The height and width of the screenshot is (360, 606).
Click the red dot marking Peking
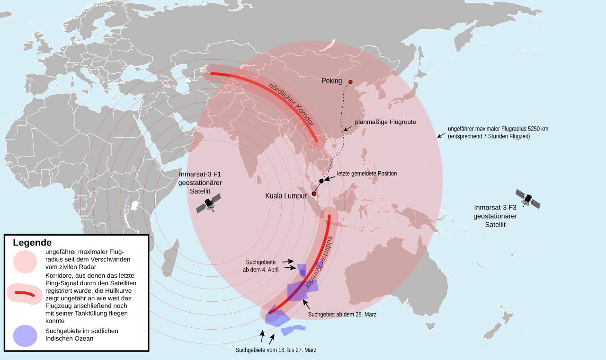click(350, 82)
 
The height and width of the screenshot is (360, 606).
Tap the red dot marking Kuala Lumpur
click(314, 193)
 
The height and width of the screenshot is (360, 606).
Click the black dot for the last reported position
click(321, 181)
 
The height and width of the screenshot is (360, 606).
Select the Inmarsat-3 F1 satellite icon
click(209, 205)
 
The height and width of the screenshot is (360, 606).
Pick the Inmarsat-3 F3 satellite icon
click(527, 199)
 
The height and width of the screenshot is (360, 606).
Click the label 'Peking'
click(331, 81)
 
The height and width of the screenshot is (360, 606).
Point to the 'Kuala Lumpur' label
click(286, 196)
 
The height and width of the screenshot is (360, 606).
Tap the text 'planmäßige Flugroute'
click(385, 122)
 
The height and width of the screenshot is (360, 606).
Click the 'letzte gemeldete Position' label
click(367, 174)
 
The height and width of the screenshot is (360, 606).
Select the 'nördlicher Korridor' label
click(292, 105)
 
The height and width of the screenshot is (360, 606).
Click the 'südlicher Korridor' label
click(321, 261)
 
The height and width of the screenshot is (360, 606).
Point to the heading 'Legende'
click(32, 243)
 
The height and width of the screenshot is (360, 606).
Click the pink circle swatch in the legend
click(26, 262)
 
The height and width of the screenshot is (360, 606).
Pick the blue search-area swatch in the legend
click(25, 336)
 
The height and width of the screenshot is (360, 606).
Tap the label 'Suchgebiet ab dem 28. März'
click(342, 315)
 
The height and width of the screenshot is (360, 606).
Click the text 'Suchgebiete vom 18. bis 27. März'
click(276, 350)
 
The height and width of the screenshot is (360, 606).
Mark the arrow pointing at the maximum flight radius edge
click(441, 135)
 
